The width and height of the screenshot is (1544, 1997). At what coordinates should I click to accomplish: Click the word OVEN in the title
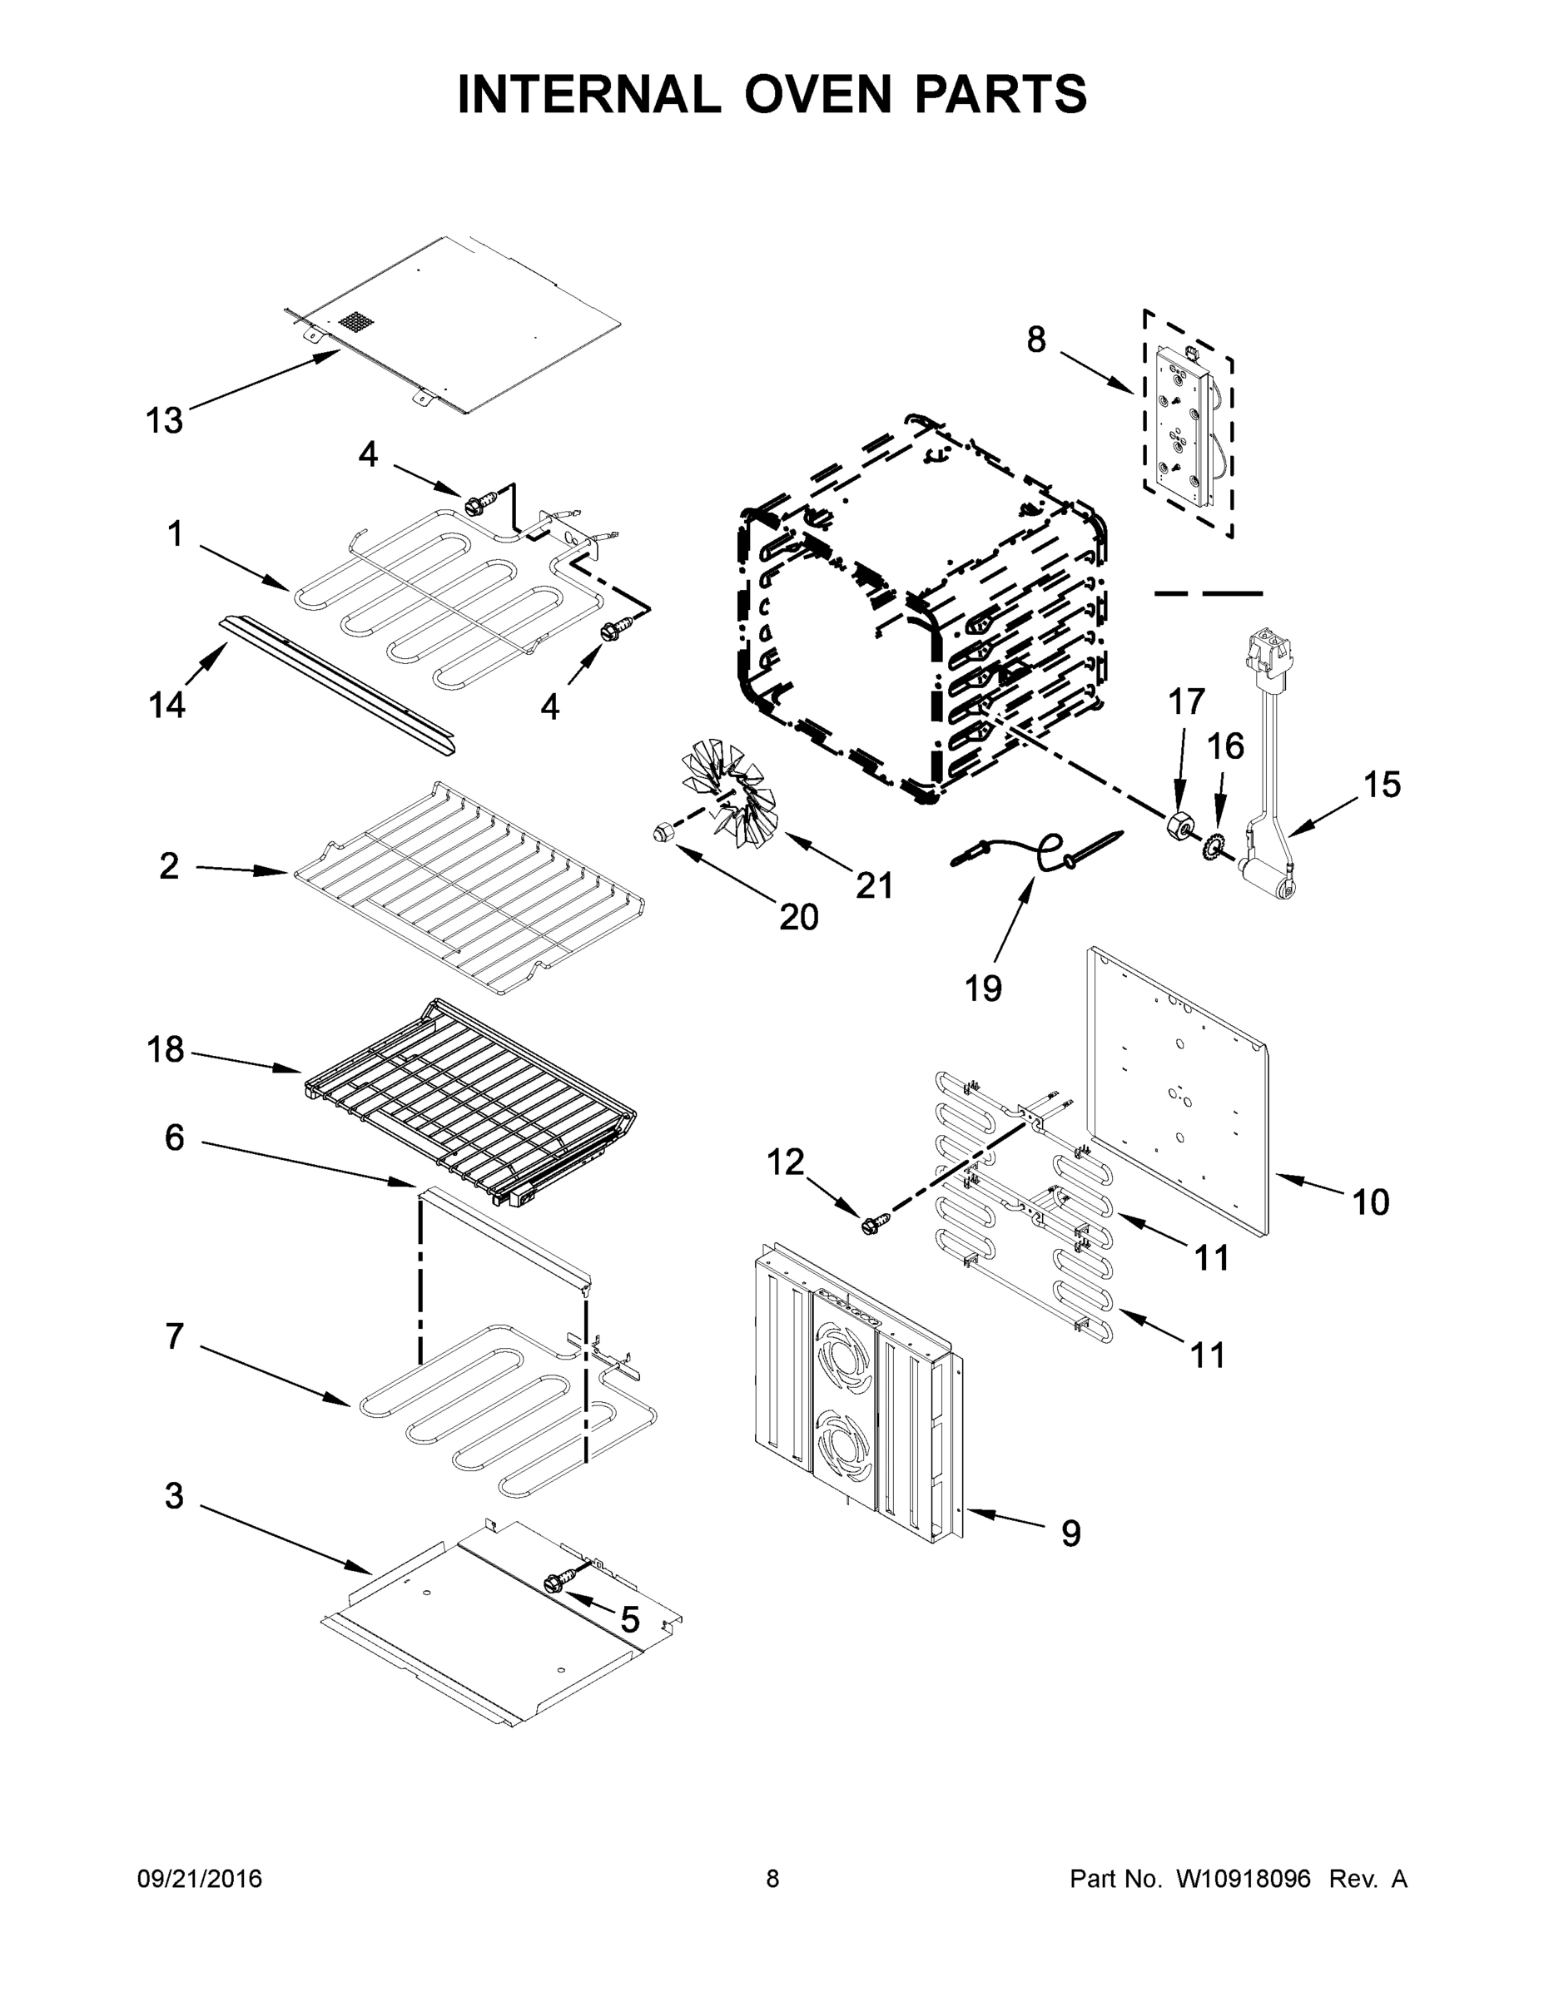(817, 94)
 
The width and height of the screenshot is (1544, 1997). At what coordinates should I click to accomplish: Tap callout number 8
(1035, 340)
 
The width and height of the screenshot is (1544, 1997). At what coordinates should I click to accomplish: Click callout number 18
(166, 1050)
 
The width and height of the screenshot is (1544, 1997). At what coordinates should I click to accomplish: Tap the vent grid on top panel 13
(358, 322)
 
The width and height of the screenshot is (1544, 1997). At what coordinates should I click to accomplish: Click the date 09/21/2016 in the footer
(200, 1879)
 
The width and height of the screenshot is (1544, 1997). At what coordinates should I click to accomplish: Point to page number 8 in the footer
(772, 1879)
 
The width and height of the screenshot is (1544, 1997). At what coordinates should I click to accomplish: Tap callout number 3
(174, 1496)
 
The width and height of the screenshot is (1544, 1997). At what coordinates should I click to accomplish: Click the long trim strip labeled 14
(339, 686)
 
